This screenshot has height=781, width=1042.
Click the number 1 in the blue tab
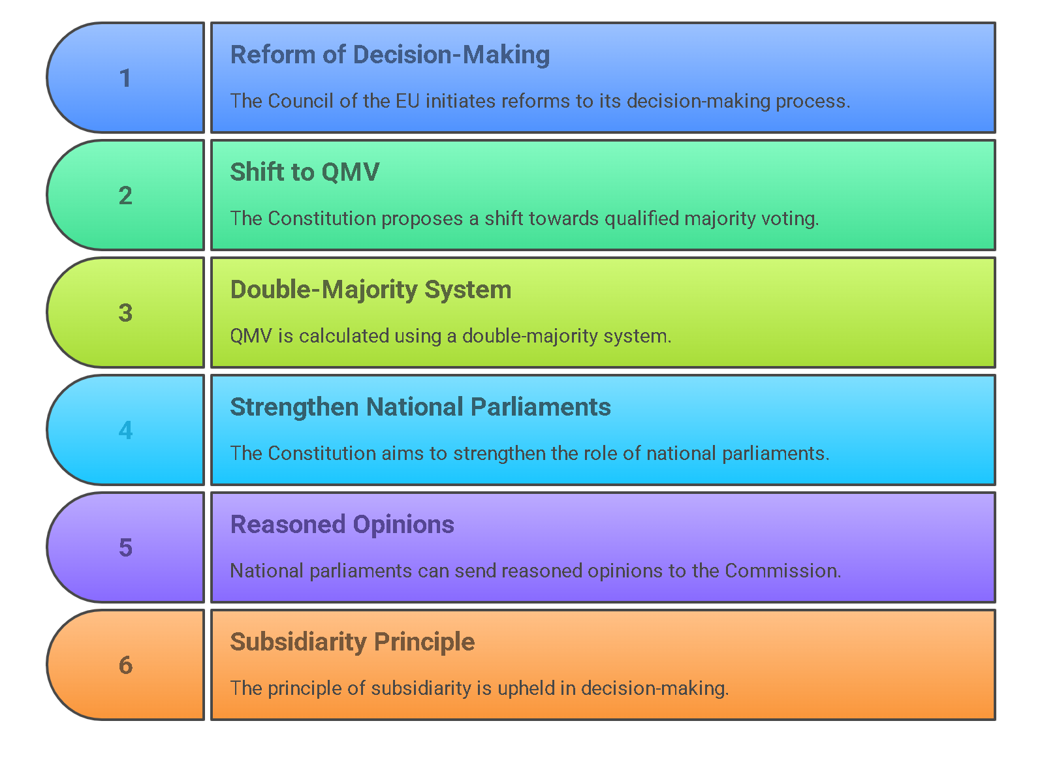(x=125, y=78)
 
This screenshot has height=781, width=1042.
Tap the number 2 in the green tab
(x=125, y=195)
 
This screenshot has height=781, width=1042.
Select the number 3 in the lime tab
(x=125, y=313)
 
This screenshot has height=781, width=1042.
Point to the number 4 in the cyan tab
(x=125, y=430)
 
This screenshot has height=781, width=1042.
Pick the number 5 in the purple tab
(x=125, y=547)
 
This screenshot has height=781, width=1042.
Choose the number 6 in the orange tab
(x=125, y=665)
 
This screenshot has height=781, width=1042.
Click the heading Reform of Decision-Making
(x=390, y=55)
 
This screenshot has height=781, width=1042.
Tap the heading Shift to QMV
(x=305, y=172)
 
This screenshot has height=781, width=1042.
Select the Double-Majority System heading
(x=371, y=290)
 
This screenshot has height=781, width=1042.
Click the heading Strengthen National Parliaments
(x=420, y=407)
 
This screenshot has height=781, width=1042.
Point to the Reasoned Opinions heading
(x=342, y=525)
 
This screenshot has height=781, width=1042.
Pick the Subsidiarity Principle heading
(x=353, y=642)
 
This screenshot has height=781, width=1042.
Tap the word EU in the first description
(x=407, y=101)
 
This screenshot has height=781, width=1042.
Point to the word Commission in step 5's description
(x=783, y=570)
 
